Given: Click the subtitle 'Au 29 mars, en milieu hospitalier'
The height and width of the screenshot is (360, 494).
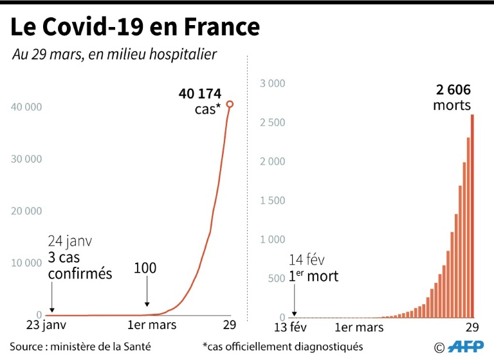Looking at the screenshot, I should click(114, 55).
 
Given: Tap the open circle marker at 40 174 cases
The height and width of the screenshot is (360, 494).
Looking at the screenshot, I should click(230, 104).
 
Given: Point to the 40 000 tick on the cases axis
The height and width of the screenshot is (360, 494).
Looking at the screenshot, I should click(26, 106).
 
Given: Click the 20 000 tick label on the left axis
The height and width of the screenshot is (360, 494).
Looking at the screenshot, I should click(26, 211).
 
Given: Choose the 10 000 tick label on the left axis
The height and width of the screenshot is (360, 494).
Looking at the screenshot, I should click(26, 263).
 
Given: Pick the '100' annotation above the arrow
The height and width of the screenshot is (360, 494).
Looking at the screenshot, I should click(145, 268).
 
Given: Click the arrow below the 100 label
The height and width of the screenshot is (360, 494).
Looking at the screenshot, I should click(147, 296).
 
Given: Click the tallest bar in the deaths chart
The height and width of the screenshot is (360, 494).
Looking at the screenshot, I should click(473, 215).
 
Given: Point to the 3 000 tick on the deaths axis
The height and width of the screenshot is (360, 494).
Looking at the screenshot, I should click(272, 83).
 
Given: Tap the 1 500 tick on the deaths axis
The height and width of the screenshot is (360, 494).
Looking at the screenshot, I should click(272, 201).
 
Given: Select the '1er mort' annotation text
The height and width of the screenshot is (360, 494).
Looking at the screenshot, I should click(313, 277).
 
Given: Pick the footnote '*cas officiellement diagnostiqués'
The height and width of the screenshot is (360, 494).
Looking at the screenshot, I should click(282, 346).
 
